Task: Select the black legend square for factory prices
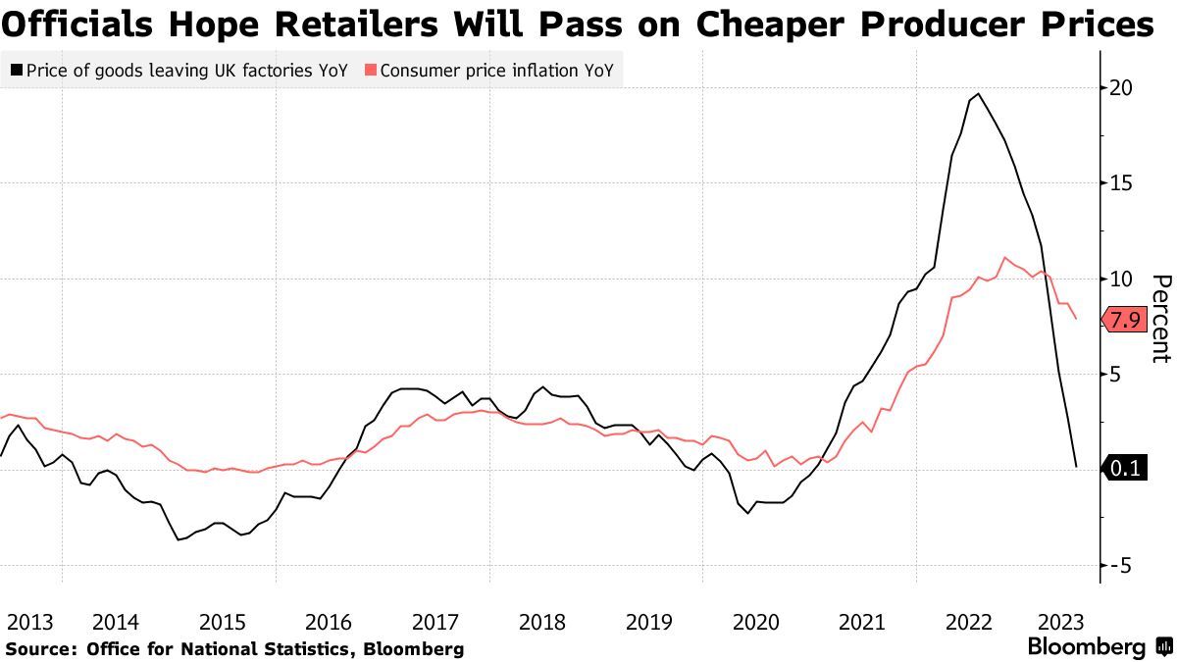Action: point(16,71)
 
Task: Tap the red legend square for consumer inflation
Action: point(370,71)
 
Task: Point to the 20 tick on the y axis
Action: point(1121,88)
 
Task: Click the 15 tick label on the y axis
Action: point(1121,183)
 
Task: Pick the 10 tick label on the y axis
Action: point(1121,280)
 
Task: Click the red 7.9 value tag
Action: point(1124,320)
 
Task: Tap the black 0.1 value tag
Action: point(1124,469)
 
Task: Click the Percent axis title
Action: point(1160,319)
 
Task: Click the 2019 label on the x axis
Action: point(648,622)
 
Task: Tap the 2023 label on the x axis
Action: point(1059,622)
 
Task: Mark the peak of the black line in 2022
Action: point(977,93)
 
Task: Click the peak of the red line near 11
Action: point(1005,258)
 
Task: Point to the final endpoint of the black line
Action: point(1076,467)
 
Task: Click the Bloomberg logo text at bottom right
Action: point(1086,647)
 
